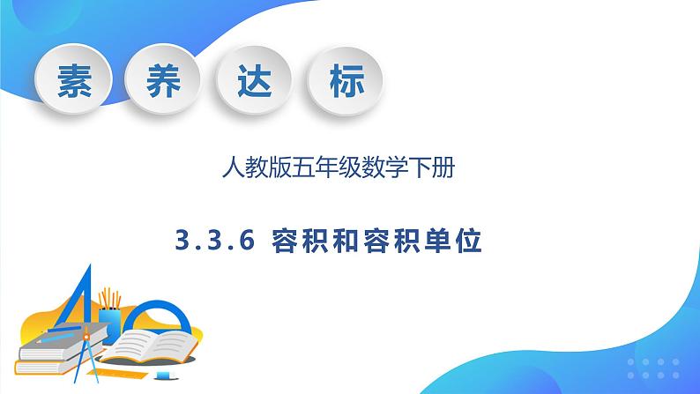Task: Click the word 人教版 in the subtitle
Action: (x=249, y=166)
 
